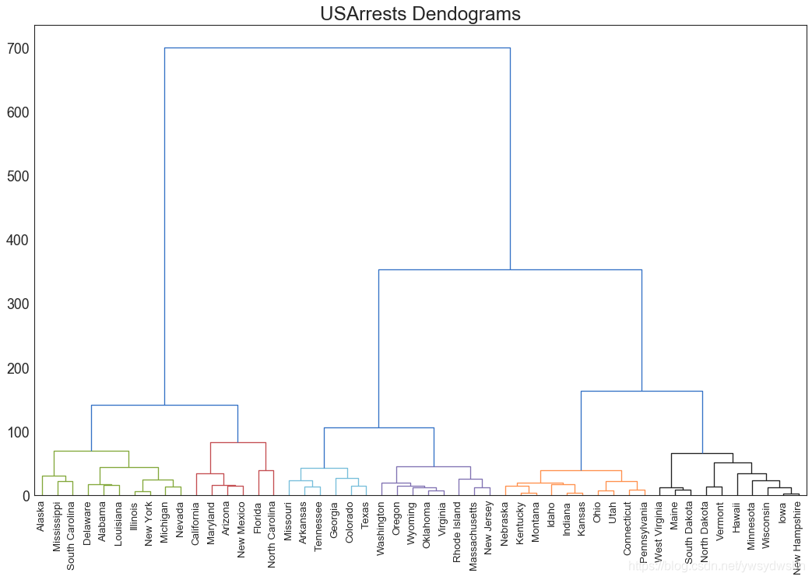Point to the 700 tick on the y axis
tap(18, 49)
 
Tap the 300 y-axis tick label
tap(18, 304)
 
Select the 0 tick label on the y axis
tap(26, 496)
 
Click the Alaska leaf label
tap(41, 518)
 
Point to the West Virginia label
tap(659, 533)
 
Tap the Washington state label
tap(381, 529)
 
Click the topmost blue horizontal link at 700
tap(337, 48)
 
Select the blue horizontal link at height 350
tap(510, 270)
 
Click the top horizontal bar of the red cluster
tap(237, 443)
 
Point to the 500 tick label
tap(18, 177)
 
